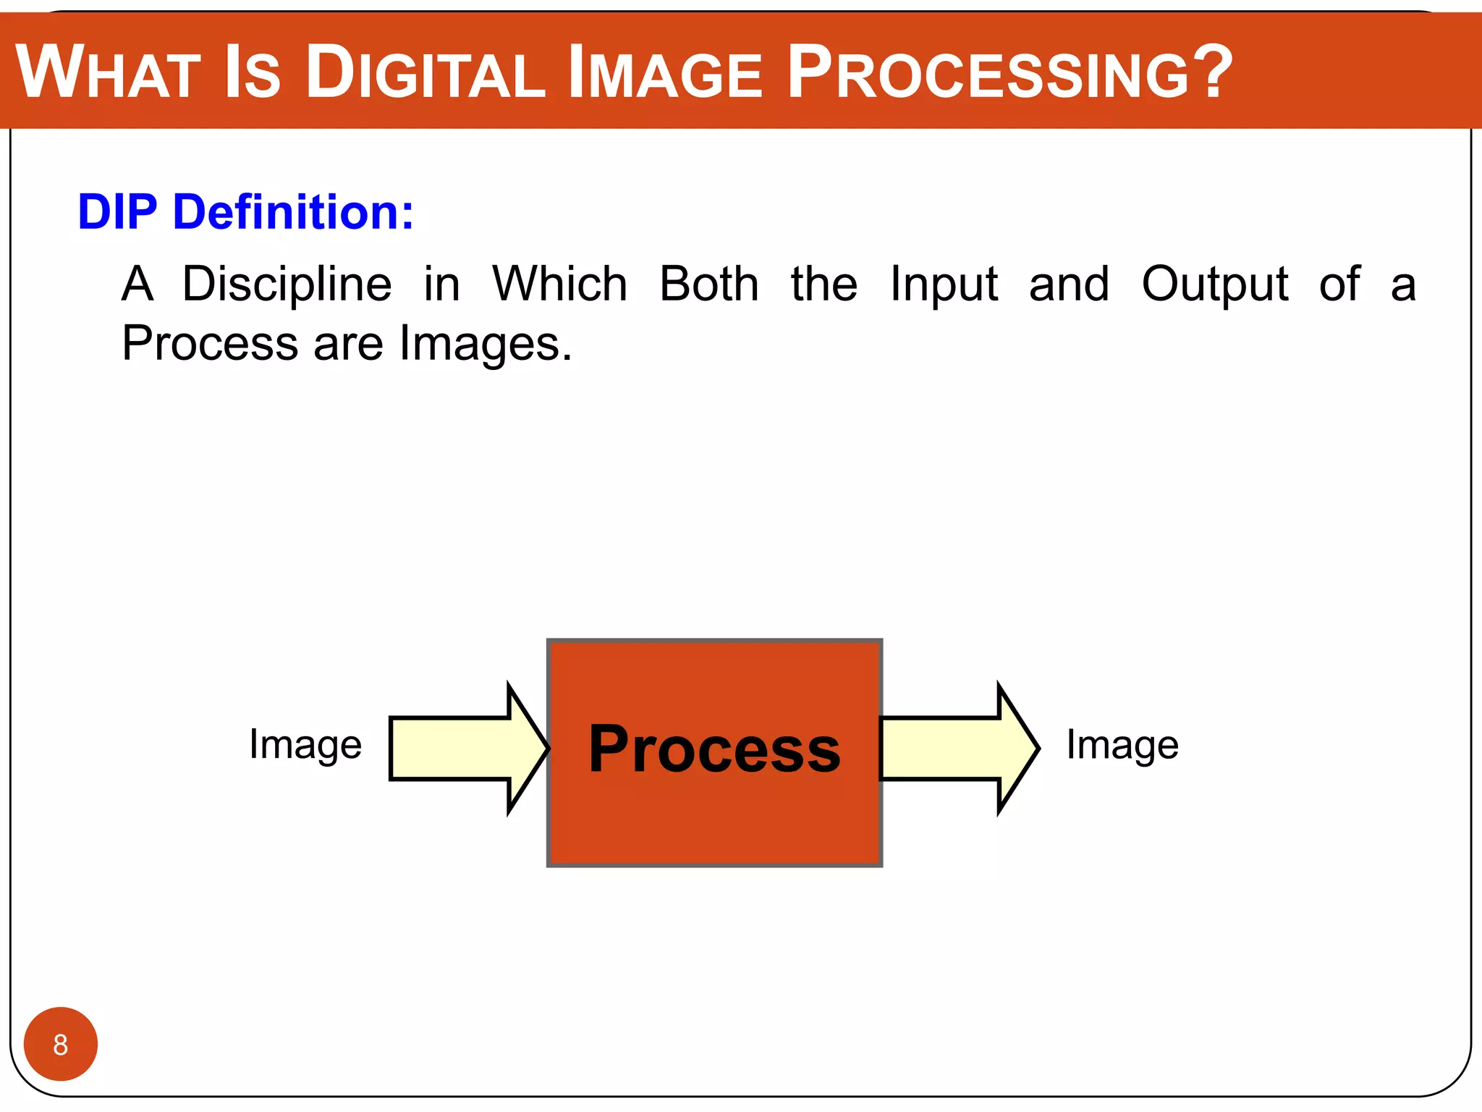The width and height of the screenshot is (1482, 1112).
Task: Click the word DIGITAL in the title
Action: point(425,72)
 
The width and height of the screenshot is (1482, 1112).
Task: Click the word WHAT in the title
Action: point(109,72)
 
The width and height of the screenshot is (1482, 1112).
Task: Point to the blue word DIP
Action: point(117,212)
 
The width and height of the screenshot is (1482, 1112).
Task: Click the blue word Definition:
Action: point(293,212)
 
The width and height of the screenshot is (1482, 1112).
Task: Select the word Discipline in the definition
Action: point(287,284)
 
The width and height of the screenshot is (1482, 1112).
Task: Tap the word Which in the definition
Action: point(559,284)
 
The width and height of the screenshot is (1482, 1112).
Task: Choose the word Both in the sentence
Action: point(709,284)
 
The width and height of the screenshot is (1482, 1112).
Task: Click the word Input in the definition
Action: point(944,285)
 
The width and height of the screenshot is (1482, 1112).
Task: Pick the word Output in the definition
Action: point(1214,285)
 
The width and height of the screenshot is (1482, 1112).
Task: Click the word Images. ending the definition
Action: point(486,345)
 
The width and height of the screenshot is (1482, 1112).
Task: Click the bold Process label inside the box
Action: point(714,750)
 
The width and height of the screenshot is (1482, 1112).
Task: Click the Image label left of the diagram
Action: point(305,746)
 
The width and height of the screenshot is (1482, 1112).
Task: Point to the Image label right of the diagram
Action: point(1122,746)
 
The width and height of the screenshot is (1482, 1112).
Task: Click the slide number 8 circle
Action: point(61,1044)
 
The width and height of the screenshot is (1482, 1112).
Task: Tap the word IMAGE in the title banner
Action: point(665,72)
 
